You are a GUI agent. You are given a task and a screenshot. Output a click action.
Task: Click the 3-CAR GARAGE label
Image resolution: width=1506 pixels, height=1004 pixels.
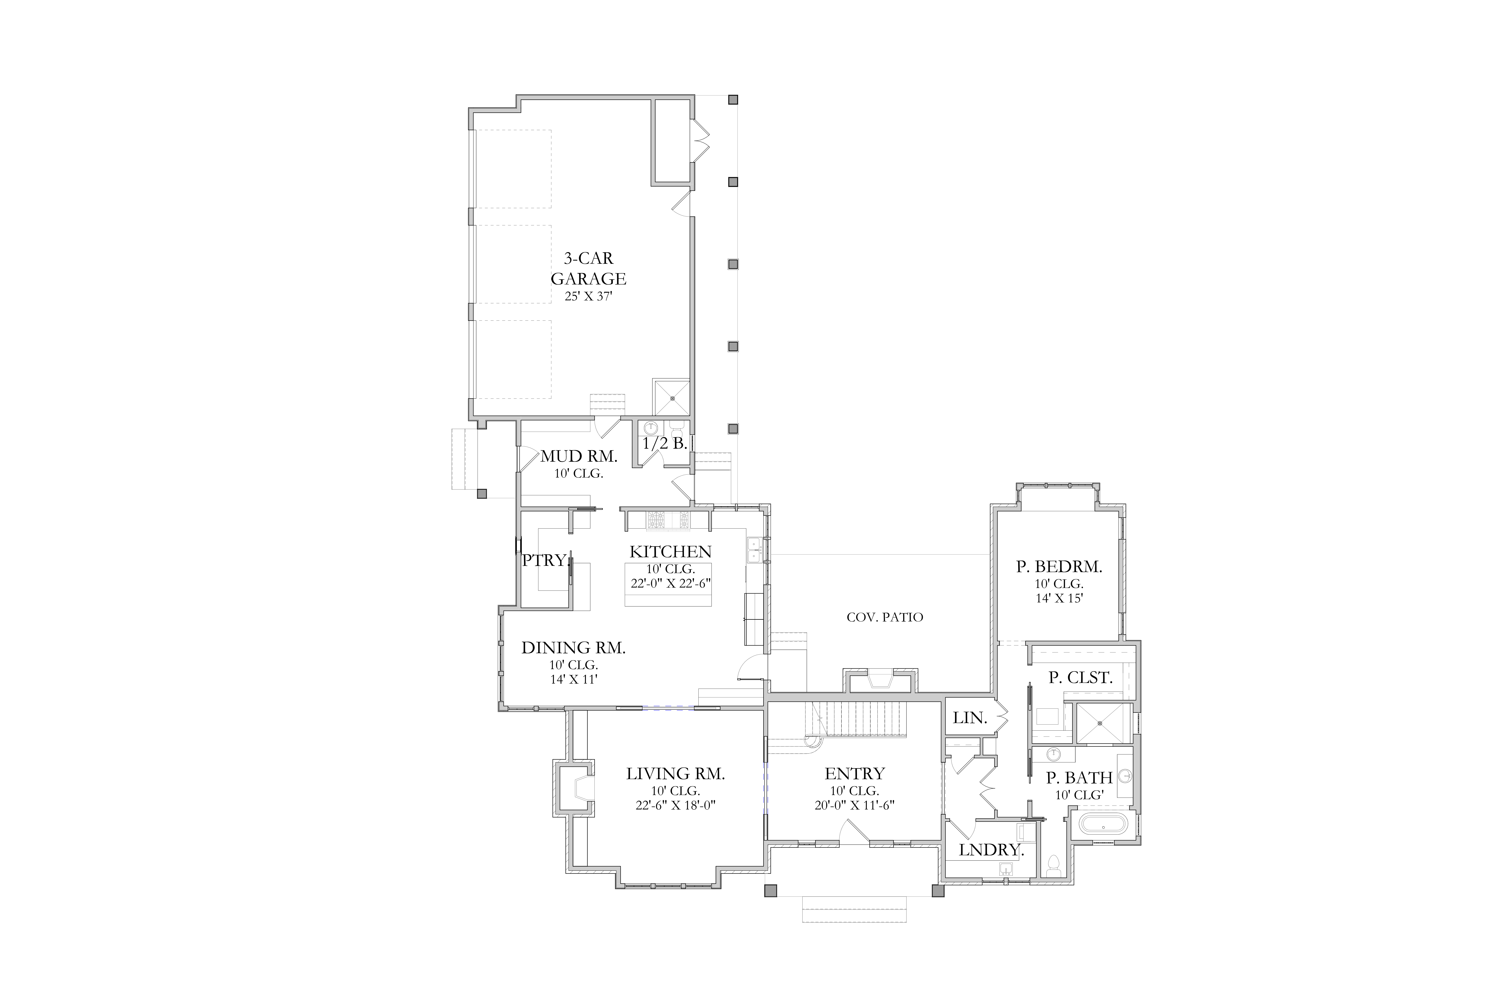coord(588,268)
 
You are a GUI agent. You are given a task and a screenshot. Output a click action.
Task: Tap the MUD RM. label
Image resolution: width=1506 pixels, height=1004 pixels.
coord(579,457)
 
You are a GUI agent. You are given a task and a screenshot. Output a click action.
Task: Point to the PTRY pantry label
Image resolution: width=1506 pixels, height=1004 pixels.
coord(544,560)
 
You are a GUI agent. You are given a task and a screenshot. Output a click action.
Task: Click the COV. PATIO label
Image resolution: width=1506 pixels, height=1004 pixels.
coord(885,617)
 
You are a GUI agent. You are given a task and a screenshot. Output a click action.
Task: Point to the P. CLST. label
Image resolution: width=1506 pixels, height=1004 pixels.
coord(1080,677)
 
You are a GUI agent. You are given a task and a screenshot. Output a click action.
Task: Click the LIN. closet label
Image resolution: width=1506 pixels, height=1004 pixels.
coord(969,718)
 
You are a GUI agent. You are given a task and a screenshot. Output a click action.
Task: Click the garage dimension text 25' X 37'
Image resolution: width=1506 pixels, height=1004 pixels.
coord(588,296)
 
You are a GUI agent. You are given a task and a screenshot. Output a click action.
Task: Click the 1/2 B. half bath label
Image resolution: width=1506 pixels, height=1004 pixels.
coord(665,443)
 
